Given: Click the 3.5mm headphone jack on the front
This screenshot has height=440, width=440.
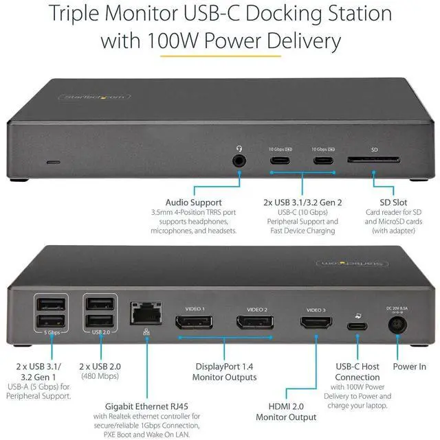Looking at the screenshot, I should [x=239, y=160].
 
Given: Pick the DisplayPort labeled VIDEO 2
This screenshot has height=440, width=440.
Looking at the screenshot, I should [x=256, y=322].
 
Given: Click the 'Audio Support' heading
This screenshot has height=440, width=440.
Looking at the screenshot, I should [x=193, y=202].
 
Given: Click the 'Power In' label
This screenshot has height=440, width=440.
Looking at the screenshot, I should [x=410, y=367].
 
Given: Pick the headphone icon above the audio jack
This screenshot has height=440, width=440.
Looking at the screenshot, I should [x=239, y=148].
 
